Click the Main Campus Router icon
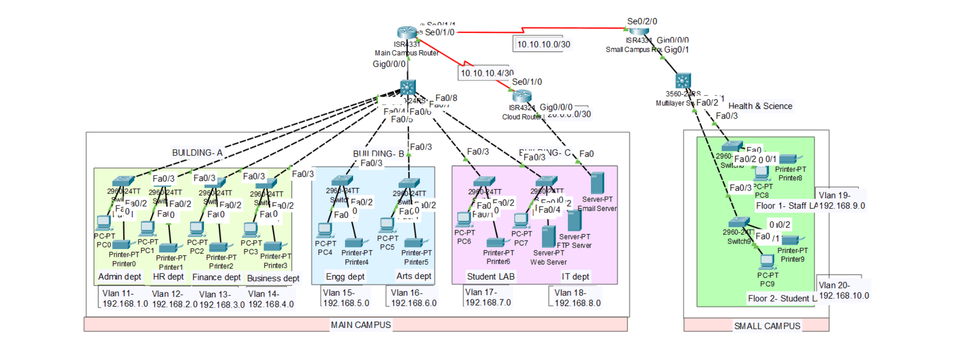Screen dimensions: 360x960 pos(407,32)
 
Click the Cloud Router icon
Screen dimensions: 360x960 pos(521,96)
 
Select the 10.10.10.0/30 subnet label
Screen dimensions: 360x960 pos(543,44)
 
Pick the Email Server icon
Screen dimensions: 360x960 pos(597,183)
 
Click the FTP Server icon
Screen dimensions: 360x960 pos(574,220)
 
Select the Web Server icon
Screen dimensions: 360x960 pos(548,236)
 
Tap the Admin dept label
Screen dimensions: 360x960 pos(119,276)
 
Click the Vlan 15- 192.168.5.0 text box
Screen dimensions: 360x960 pos(346,298)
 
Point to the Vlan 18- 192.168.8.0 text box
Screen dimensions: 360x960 pos(577,298)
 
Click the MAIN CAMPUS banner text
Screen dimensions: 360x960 pos(360,325)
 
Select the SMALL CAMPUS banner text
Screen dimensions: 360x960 pos(767,326)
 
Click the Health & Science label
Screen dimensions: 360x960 pos(760,106)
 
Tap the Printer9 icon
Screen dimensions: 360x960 pos(792,240)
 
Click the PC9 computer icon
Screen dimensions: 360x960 pos(766,261)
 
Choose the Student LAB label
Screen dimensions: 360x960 pos(490,276)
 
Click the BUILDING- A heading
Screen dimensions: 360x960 pos(197,152)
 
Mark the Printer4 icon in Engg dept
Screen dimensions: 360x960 pos(356,243)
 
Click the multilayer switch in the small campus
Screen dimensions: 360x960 pos(683,81)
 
